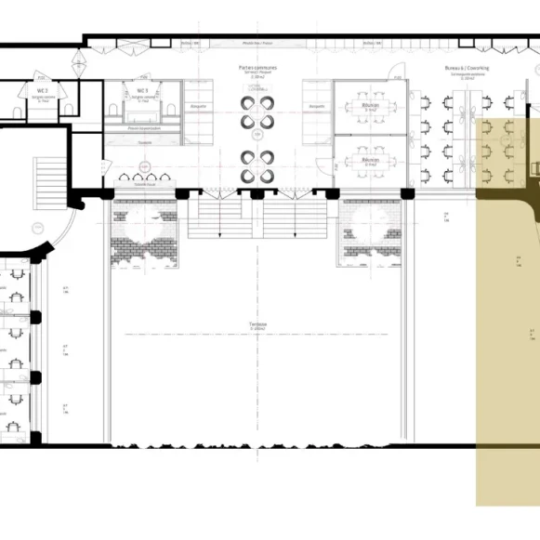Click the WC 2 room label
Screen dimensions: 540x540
42,88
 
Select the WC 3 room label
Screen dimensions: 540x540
142,90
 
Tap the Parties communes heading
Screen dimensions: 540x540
257,68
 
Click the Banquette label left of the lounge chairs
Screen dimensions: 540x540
197,107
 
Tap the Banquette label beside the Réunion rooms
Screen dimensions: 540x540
317,107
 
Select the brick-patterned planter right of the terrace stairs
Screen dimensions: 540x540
370,238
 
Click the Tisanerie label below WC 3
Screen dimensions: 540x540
143,141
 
